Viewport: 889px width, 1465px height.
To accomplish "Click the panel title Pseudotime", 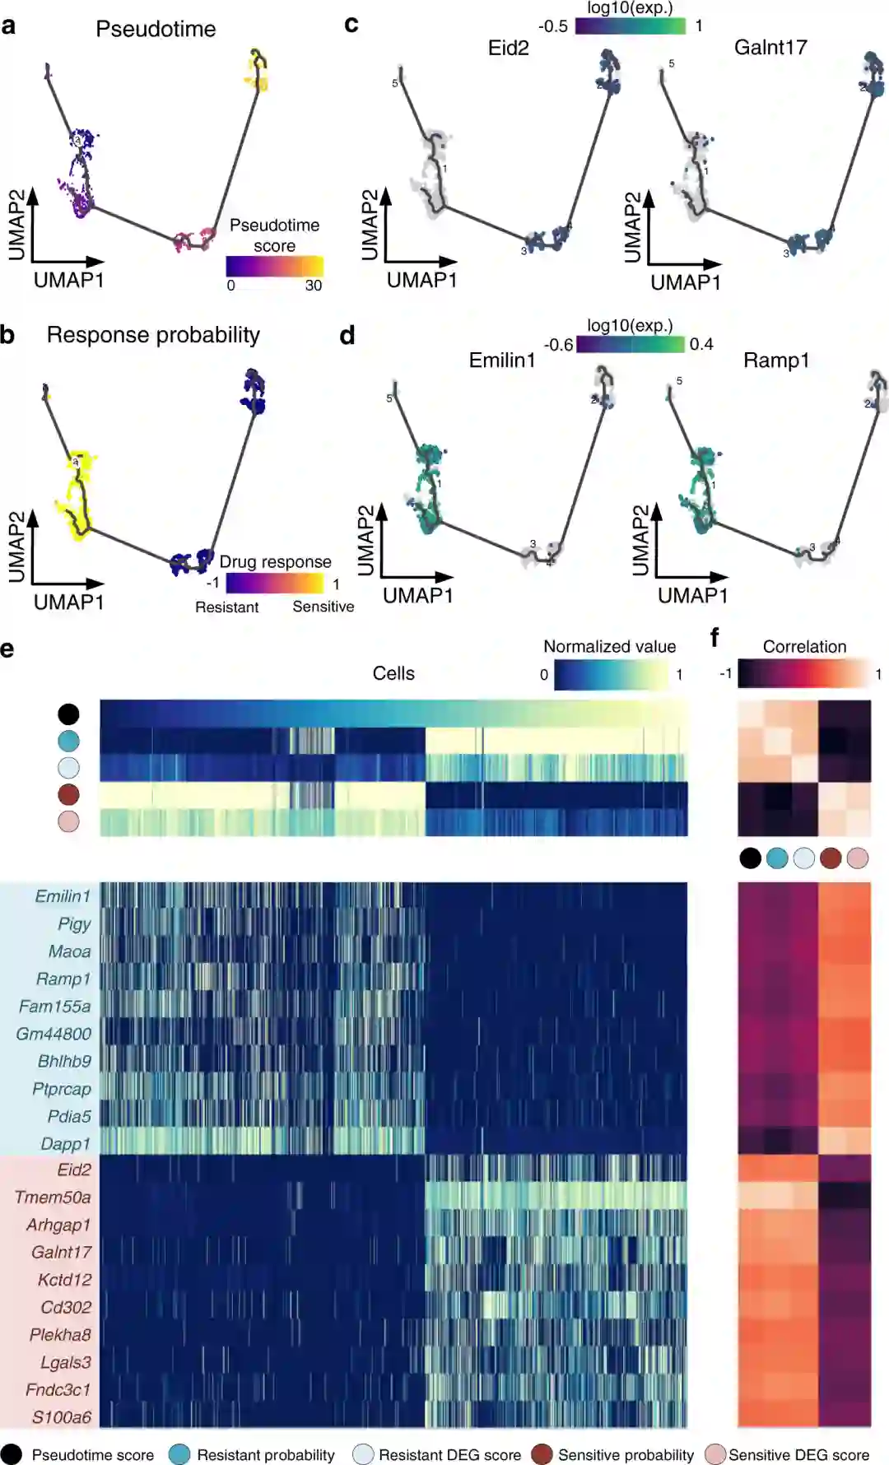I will click(156, 30).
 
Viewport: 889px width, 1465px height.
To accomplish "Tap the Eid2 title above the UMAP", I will click(508, 48).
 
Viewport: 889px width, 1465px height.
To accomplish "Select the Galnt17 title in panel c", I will click(770, 48).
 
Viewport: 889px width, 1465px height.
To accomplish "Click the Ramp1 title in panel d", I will click(776, 360).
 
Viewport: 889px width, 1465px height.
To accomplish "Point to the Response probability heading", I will click(153, 335).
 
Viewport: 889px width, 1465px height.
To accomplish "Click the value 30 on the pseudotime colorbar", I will click(314, 286).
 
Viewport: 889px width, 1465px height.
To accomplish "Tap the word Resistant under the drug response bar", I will click(226, 607).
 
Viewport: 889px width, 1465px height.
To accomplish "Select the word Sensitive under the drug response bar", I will click(323, 607).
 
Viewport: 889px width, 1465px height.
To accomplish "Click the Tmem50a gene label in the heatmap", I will click(53, 1198).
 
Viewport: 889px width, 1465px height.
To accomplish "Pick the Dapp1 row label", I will click(66, 1144).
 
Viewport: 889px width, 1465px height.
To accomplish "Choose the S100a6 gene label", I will click(62, 1417).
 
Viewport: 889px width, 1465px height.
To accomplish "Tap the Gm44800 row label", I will click(54, 1034).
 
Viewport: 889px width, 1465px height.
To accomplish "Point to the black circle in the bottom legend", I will click(12, 1454).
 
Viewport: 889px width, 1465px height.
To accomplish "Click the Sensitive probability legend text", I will click(626, 1455).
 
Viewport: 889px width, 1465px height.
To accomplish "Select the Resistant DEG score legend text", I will click(449, 1455).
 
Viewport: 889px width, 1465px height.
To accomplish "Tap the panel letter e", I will click(7, 650).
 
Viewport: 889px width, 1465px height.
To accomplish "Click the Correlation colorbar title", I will click(804, 647).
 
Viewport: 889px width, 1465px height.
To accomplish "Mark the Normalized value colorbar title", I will click(609, 647).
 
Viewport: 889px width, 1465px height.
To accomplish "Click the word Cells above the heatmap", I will click(393, 673).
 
